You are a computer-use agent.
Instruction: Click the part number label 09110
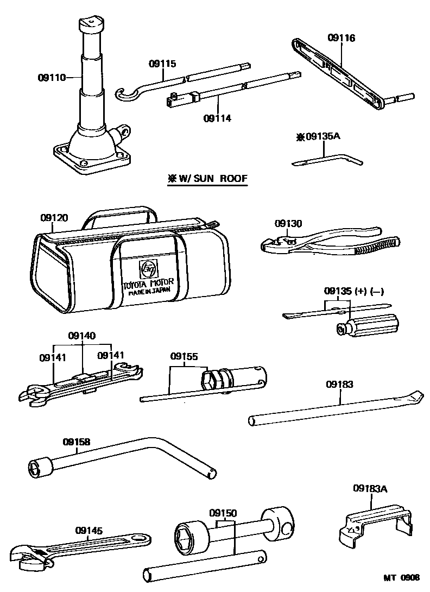tap(51, 78)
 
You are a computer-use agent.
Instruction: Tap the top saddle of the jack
tap(91, 23)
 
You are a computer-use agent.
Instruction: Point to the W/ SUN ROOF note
tap(206, 178)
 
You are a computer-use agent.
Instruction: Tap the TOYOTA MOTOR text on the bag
tap(148, 282)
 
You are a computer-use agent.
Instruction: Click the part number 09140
tap(82, 336)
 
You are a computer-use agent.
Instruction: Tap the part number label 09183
tap(339, 384)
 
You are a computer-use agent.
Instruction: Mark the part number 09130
tap(288, 223)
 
